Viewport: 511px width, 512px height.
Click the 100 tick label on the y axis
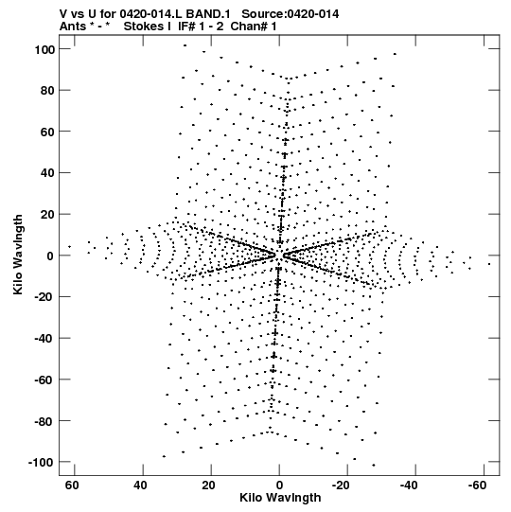pyautogui.click(x=44, y=50)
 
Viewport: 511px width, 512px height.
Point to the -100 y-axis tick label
pyautogui.click(x=41, y=463)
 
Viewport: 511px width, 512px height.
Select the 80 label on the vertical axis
pyautogui.click(x=47, y=91)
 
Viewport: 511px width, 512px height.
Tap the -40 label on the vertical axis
pyautogui.click(x=44, y=339)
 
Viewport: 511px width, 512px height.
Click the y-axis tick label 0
pyautogui.click(x=50, y=256)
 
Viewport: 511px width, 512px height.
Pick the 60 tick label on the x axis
pyautogui.click(x=72, y=486)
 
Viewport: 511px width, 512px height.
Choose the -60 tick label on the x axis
pyautogui.click(x=477, y=486)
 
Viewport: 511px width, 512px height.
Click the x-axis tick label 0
pyautogui.click(x=279, y=486)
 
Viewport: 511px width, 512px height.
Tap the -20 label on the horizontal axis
pyautogui.click(x=341, y=486)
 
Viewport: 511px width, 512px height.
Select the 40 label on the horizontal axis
pyautogui.click(x=140, y=486)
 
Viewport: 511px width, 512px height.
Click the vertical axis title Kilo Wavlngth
pyautogui.click(x=18, y=255)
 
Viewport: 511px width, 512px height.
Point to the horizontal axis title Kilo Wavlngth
pyautogui.click(x=280, y=498)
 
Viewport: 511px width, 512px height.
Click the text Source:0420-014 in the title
pyautogui.click(x=290, y=14)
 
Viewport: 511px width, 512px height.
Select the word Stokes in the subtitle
pyautogui.click(x=144, y=26)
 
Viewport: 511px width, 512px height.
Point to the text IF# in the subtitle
pyautogui.click(x=187, y=26)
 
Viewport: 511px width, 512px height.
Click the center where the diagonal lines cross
pyautogui.click(x=279, y=256)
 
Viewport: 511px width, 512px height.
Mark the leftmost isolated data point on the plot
pyautogui.click(x=69, y=246)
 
